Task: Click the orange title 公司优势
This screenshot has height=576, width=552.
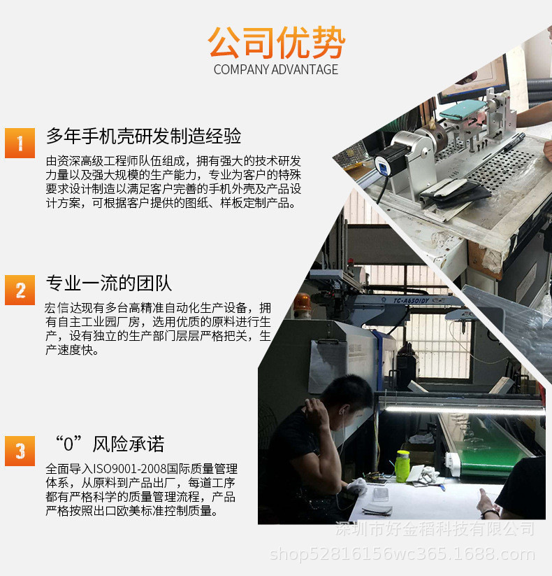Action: point(276,42)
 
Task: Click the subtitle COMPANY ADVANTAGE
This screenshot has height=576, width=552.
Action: point(276,69)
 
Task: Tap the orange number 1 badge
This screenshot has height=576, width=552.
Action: point(20,143)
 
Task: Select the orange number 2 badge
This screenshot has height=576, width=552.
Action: point(20,290)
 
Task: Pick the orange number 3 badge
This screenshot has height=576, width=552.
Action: point(20,451)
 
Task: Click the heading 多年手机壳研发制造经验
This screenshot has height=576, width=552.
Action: point(143,136)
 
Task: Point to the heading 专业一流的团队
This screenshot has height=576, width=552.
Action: point(109,283)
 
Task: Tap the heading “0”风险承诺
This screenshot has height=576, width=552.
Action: point(109,444)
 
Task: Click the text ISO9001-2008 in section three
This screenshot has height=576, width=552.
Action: point(130,469)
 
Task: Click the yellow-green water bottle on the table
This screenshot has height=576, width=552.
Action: point(402,466)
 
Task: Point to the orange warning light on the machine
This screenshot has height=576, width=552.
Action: point(302,302)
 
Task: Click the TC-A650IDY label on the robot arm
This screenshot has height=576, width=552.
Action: point(411,301)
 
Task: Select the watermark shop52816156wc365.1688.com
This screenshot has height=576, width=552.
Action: point(402,554)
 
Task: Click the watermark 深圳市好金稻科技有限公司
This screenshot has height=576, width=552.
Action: point(435,529)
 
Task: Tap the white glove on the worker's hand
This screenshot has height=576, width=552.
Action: point(357,486)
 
